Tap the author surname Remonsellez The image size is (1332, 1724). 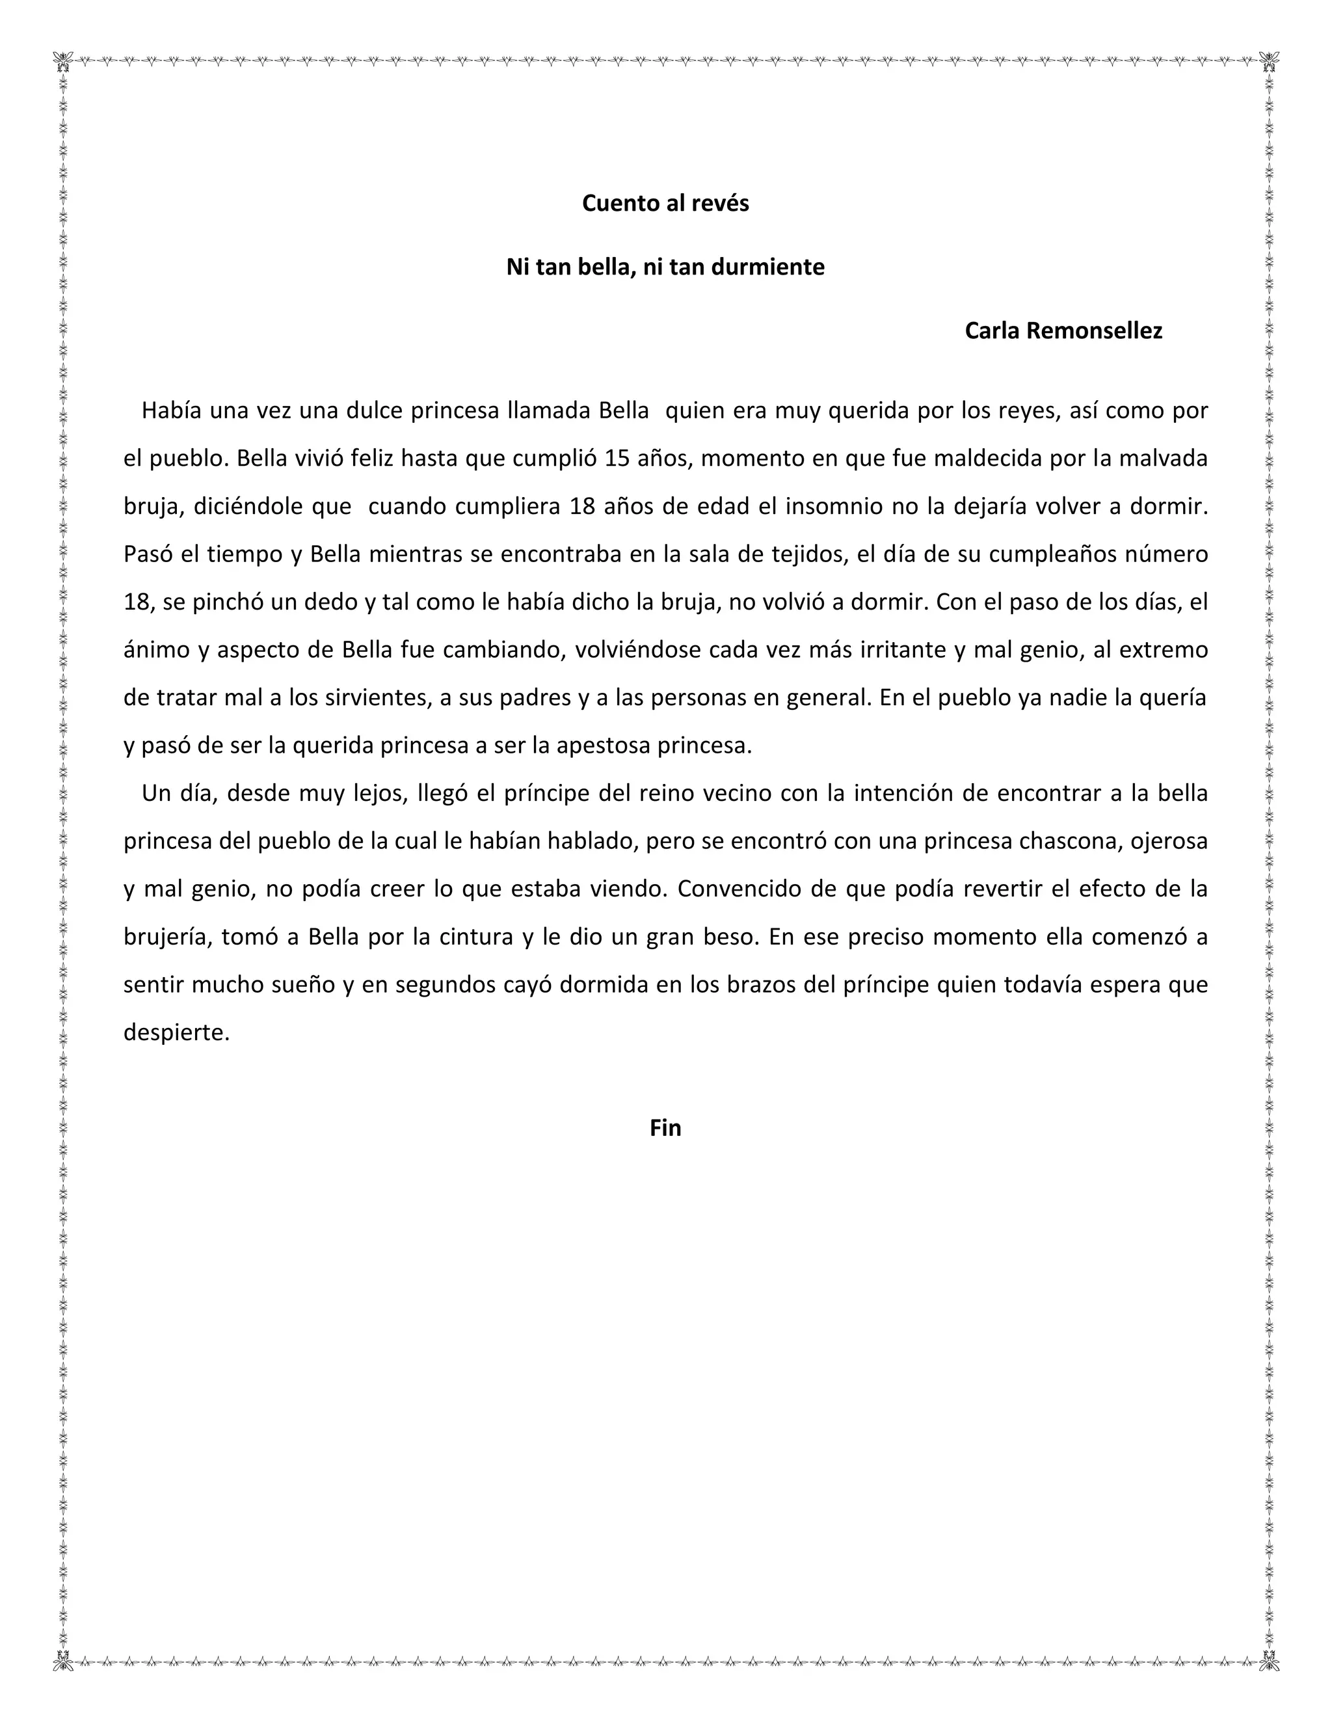[x=1094, y=332]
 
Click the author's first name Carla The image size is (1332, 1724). [x=992, y=332]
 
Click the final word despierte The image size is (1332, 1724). [x=176, y=1033]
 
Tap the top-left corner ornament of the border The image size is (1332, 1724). [x=62, y=61]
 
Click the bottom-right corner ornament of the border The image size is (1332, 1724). [x=1269, y=1662]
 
